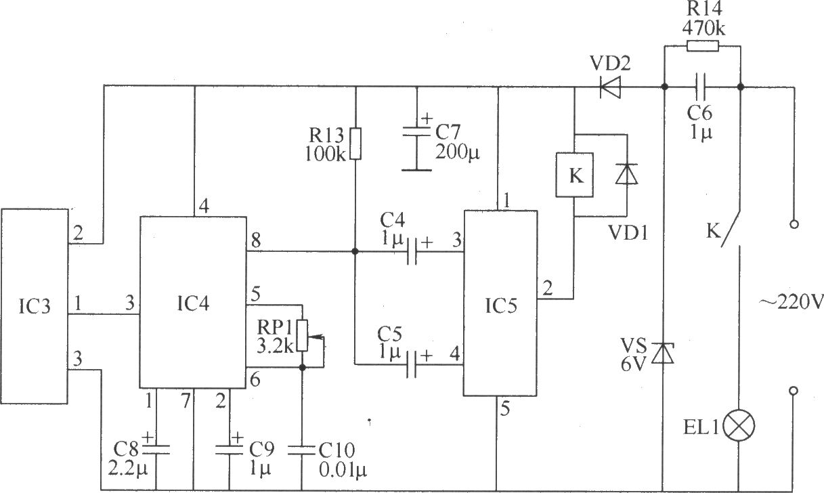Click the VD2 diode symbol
(610, 87)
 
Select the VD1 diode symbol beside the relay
(627, 173)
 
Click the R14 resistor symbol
(702, 46)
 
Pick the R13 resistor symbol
(355, 144)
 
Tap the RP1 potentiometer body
(303, 335)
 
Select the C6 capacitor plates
(701, 87)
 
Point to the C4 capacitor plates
(412, 252)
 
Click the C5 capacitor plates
(412, 364)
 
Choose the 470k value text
(703, 28)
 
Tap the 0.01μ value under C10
(343, 470)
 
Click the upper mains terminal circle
(794, 224)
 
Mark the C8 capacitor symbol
(156, 449)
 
